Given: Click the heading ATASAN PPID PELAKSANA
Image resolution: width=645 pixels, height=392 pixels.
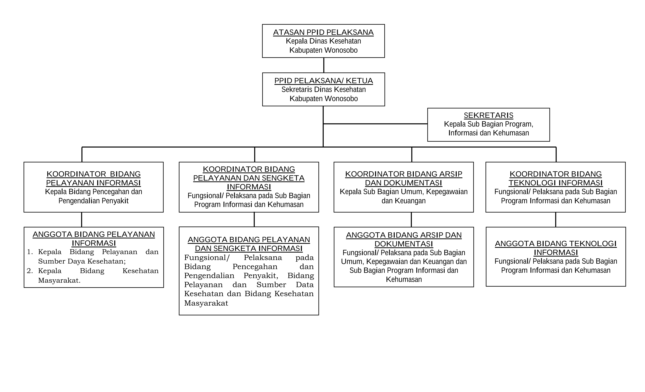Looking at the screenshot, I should pyautogui.click(x=323, y=32).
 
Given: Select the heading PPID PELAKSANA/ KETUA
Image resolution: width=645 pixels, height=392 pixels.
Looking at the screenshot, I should pyautogui.click(x=324, y=81).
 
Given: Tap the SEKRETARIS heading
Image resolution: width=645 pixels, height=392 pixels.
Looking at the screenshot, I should pyautogui.click(x=489, y=115).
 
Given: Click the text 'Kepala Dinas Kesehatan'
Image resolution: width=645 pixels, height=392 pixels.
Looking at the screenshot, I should pyautogui.click(x=323, y=41).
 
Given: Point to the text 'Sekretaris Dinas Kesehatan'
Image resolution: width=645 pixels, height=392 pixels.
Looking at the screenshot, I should pyautogui.click(x=324, y=90).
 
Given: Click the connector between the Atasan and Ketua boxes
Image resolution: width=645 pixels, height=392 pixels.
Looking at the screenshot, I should pyautogui.click(x=324, y=65).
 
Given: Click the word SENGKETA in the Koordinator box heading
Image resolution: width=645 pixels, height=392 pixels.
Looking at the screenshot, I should pyautogui.click(x=283, y=178).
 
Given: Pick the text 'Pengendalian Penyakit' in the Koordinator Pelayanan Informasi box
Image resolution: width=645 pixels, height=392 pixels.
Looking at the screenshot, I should pyautogui.click(x=94, y=201).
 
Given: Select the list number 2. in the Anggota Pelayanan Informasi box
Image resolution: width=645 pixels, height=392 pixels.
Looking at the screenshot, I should pyautogui.click(x=30, y=271).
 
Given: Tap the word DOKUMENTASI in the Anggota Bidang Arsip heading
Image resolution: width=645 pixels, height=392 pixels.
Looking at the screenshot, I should pyautogui.click(x=404, y=244).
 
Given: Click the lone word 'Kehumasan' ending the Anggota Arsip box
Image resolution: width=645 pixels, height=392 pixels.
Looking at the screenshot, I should pyautogui.click(x=404, y=279).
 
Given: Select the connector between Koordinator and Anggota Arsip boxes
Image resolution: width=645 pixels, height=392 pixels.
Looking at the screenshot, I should pyautogui.click(x=411, y=220).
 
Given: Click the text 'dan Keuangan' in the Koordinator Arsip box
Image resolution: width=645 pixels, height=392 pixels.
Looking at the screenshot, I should pyautogui.click(x=404, y=201).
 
